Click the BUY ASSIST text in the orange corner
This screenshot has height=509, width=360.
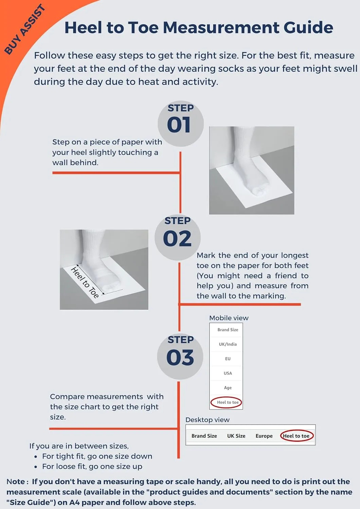(x=24, y=30)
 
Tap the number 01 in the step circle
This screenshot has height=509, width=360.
(x=179, y=125)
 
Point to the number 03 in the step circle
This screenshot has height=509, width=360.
(x=180, y=357)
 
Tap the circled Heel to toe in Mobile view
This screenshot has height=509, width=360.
(x=228, y=402)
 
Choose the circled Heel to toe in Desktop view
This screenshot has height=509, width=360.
(x=296, y=436)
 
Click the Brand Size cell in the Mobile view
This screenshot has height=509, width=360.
(x=228, y=330)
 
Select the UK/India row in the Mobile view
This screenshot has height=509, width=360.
(x=228, y=344)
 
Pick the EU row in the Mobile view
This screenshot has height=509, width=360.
(x=228, y=359)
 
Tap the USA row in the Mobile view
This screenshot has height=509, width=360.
(x=228, y=373)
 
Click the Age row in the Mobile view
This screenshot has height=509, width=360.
(x=228, y=388)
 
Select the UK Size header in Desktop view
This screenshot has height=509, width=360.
(x=236, y=436)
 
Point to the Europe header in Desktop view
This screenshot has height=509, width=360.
(x=264, y=436)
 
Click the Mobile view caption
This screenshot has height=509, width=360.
(x=229, y=318)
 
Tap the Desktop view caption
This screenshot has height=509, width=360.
(x=208, y=420)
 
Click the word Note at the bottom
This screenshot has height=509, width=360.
(x=16, y=482)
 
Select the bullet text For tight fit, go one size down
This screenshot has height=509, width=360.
(x=97, y=456)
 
